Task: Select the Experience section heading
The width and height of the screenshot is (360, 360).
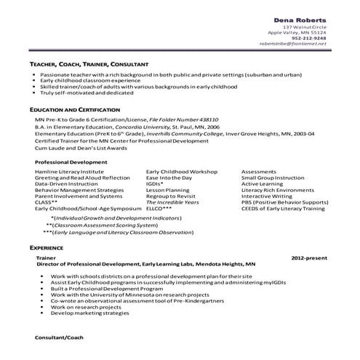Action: [47, 247]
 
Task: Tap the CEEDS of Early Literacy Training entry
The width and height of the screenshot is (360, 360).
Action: [283, 208]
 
